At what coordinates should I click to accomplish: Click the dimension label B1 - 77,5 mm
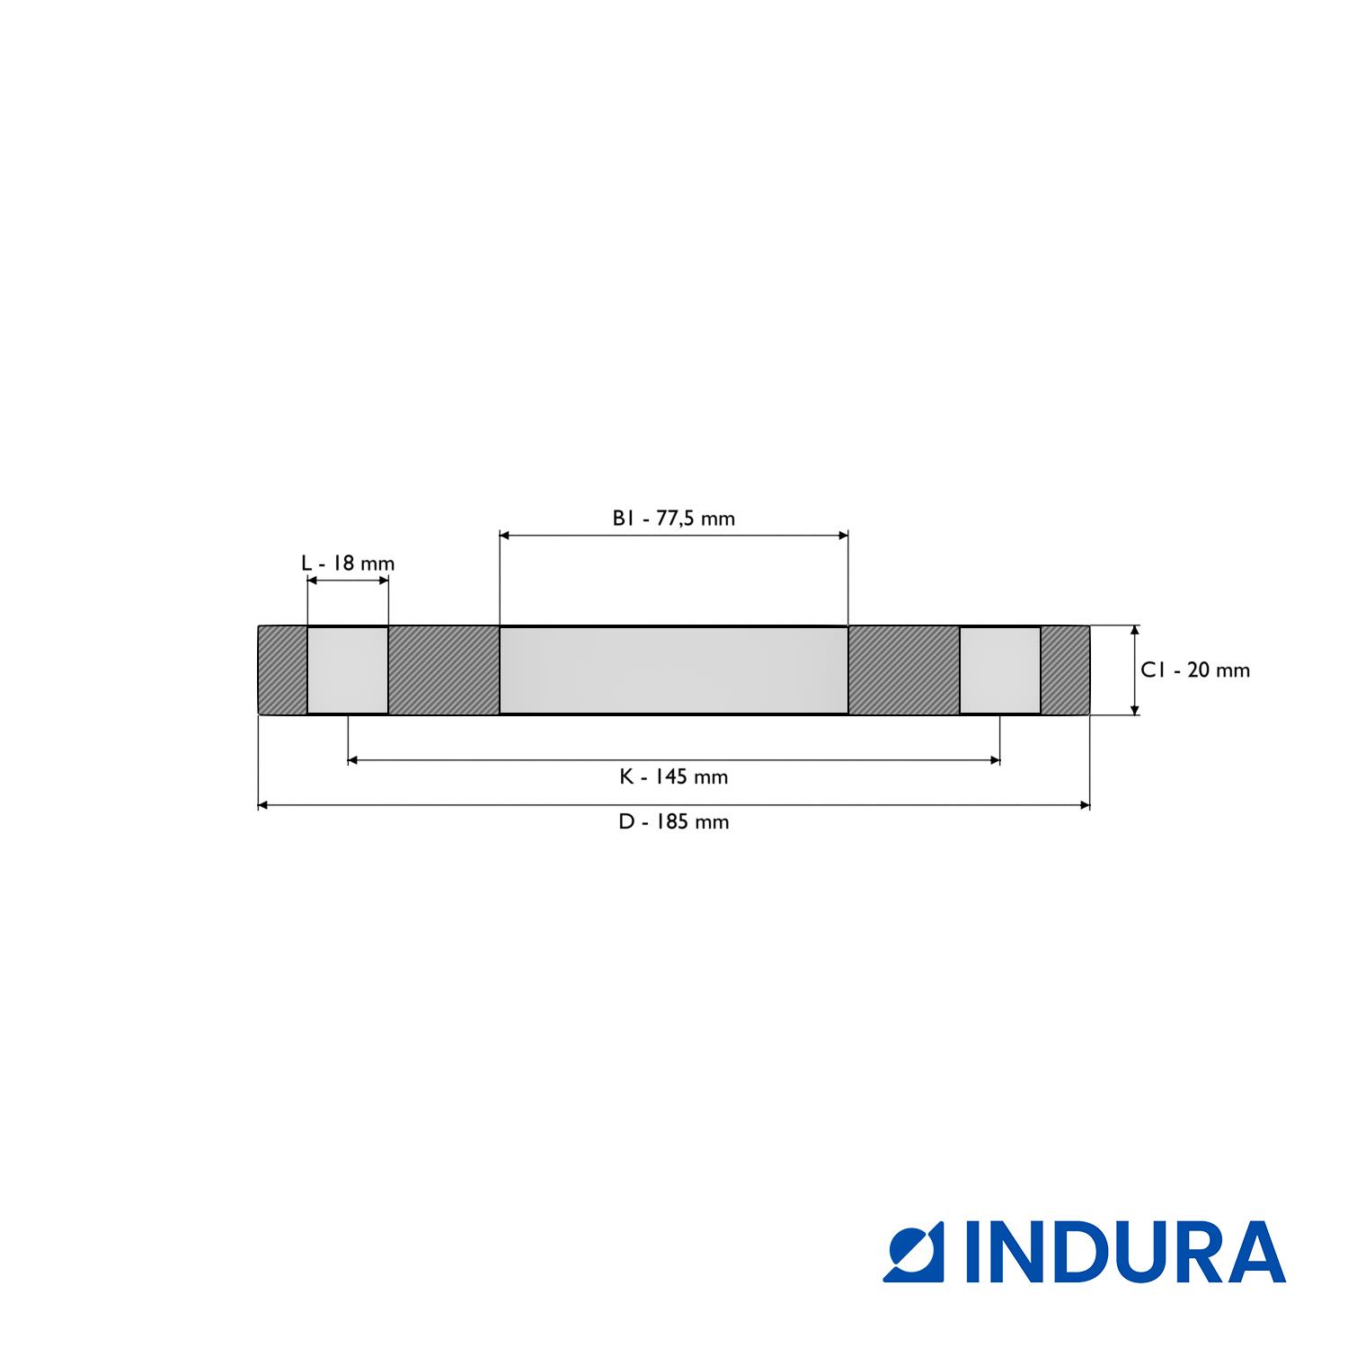tap(673, 519)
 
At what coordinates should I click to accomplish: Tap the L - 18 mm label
tap(348, 564)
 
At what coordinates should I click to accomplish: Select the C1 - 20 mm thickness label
tap(1195, 670)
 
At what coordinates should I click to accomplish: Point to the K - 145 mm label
tap(673, 777)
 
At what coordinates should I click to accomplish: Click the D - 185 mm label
tap(673, 822)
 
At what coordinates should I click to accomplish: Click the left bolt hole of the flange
tap(348, 670)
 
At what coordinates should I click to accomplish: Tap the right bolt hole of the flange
tap(1000, 670)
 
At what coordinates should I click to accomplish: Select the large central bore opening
tap(673, 670)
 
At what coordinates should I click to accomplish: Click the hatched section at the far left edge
tap(282, 670)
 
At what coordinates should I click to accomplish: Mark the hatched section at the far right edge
tap(1065, 670)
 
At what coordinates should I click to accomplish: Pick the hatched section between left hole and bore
tap(443, 670)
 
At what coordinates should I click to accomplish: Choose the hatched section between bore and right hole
tap(904, 670)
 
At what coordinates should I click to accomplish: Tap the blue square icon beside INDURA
tap(913, 1252)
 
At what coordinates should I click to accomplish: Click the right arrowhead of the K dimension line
tap(995, 760)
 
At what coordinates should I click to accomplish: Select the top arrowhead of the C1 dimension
tap(1135, 632)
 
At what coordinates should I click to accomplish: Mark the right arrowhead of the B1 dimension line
tap(843, 536)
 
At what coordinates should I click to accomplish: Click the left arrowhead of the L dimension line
tap(313, 581)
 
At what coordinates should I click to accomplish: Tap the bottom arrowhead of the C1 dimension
tap(1135, 709)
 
